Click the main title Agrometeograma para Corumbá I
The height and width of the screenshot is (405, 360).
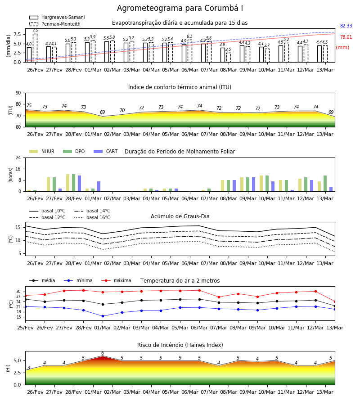pos(180,8)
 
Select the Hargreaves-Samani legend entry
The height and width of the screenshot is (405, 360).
pos(57,17)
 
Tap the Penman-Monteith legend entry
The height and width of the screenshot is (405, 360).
pos(55,24)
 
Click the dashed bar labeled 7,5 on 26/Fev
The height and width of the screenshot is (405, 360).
pos(35,48)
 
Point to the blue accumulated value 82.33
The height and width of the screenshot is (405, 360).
pos(346,26)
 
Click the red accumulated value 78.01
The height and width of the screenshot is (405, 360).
pos(346,37)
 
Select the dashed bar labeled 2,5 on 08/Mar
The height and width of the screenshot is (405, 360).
pos(229,58)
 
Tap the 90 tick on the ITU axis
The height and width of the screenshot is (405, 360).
pos(18,93)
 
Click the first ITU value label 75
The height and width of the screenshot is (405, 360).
pos(29,105)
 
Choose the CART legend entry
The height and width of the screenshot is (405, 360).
pos(106,151)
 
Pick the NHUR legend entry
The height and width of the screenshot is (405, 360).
pos(42,151)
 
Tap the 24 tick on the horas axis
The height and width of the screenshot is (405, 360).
pos(18,157)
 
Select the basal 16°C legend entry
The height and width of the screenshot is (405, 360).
pos(92,217)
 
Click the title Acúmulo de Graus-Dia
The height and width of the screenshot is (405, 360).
pos(180,216)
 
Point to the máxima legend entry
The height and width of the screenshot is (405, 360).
pos(116,280)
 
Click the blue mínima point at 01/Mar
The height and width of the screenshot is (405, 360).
pos(103,316)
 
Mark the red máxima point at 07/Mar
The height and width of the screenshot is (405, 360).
pos(219,297)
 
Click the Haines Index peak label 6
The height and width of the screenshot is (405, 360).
pos(103,353)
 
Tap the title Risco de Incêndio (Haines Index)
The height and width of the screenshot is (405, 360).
pos(180,345)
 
